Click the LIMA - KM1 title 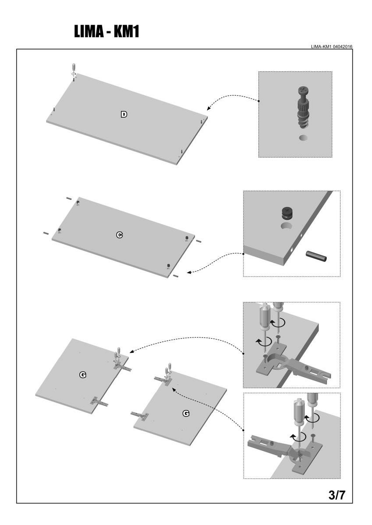click(106, 31)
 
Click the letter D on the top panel click(124, 115)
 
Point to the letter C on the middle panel click(119, 235)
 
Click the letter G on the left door click(82, 374)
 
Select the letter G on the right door click(186, 413)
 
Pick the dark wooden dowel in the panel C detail click(316, 256)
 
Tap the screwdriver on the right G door click(167, 371)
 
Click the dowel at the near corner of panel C click(175, 276)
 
